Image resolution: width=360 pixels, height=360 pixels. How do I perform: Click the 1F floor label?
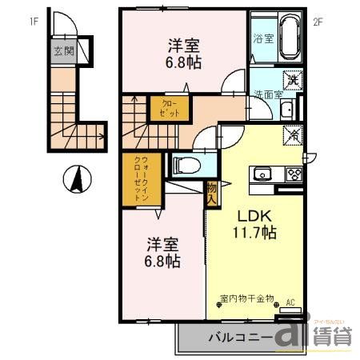tap(35, 22)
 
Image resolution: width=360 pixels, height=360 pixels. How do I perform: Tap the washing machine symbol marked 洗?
tap(293, 80)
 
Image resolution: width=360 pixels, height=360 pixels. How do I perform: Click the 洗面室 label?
tap(268, 94)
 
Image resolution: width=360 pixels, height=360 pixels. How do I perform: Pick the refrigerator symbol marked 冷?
tap(292, 136)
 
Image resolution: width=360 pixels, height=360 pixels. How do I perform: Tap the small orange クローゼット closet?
tap(159, 108)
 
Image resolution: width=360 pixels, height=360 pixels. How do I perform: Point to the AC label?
tap(291, 302)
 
